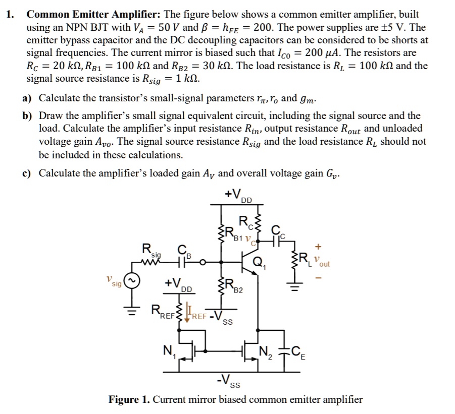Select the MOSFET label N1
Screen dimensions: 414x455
167,348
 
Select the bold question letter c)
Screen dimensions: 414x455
27,174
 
